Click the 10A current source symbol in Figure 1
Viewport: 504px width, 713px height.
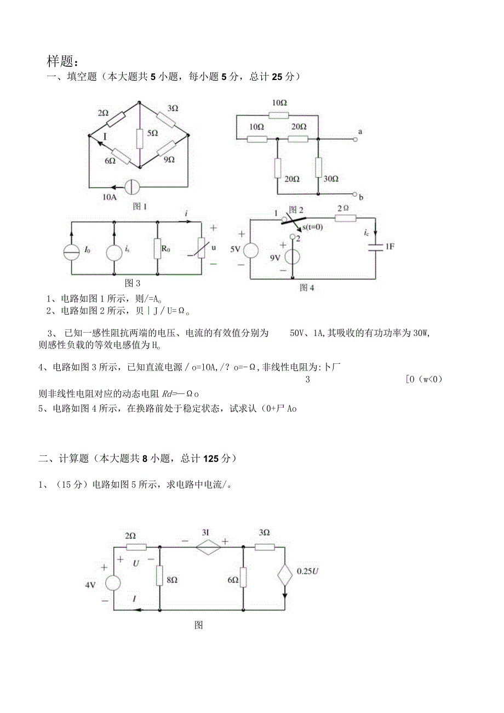click(x=133, y=187)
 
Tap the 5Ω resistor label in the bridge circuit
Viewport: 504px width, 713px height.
click(x=152, y=133)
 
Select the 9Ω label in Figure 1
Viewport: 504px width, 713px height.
click(x=169, y=159)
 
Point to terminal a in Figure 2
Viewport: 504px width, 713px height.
click(x=356, y=139)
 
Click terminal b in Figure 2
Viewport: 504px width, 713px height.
click(x=356, y=195)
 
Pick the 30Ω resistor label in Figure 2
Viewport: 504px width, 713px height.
click(x=331, y=179)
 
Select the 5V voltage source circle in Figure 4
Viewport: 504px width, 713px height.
click(x=250, y=249)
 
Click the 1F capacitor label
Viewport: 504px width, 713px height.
click(x=390, y=247)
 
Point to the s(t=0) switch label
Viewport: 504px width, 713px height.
click(x=313, y=226)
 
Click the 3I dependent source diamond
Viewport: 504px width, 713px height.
click(x=208, y=546)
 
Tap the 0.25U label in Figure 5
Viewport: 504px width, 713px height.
click(x=308, y=571)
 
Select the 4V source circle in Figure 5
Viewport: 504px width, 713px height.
click(x=113, y=583)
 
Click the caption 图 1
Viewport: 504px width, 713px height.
click(x=140, y=207)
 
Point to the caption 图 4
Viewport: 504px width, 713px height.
click(x=307, y=287)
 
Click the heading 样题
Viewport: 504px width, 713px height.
click(x=63, y=60)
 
